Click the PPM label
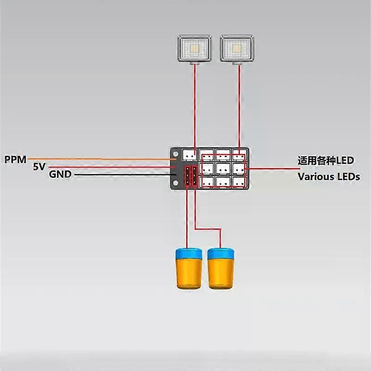click(x=16, y=160)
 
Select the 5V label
click(x=39, y=167)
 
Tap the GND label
click(x=60, y=175)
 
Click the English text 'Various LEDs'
click(x=328, y=177)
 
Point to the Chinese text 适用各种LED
click(x=326, y=161)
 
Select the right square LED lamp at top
click(x=237, y=49)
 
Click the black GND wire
click(x=121, y=175)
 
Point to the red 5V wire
click(x=111, y=167)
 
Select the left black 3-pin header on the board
click(x=187, y=176)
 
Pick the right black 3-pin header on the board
click(x=194, y=176)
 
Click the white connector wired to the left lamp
click(x=190, y=154)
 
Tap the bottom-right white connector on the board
click(x=239, y=182)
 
